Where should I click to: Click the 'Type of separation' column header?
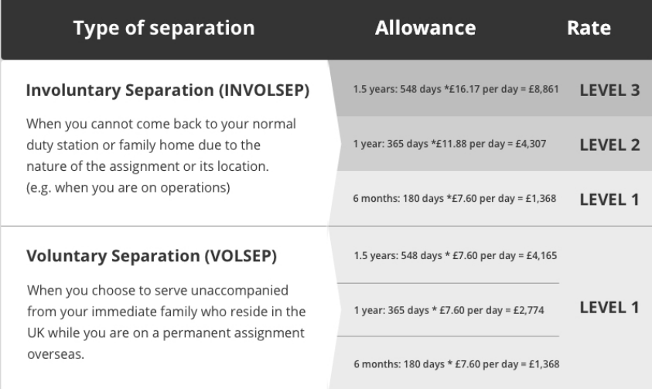(x=164, y=29)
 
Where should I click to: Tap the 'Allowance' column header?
(x=425, y=28)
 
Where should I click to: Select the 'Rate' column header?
(x=589, y=28)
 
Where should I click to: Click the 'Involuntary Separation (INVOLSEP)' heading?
(x=168, y=90)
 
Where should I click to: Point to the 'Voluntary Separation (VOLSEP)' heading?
(x=152, y=256)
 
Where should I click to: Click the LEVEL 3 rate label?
(x=609, y=90)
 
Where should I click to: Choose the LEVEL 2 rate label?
(x=609, y=145)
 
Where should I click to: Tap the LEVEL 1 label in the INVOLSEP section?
(x=609, y=200)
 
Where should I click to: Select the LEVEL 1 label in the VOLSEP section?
(x=609, y=308)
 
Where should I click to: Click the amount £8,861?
(x=544, y=90)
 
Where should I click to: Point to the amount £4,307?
(x=531, y=144)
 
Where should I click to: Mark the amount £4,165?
(x=541, y=255)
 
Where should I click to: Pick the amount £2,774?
(x=528, y=310)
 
